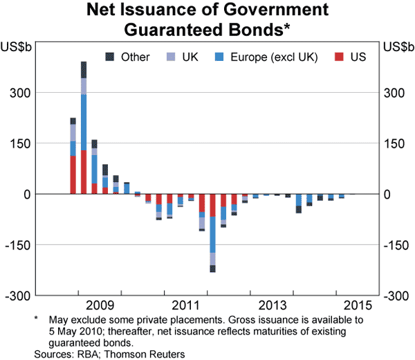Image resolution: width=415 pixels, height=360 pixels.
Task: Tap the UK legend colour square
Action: tap(170, 57)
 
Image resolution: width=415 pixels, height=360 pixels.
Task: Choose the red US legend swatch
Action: tap(340, 57)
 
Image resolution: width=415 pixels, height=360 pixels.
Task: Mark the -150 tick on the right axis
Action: tap(394, 245)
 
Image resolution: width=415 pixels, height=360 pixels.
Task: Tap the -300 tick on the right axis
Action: tap(394, 296)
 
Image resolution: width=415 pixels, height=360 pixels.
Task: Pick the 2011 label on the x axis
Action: tap(186, 305)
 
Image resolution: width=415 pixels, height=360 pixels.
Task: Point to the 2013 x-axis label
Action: tap(272, 305)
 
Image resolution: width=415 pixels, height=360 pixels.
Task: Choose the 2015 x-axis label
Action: tap(358, 305)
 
